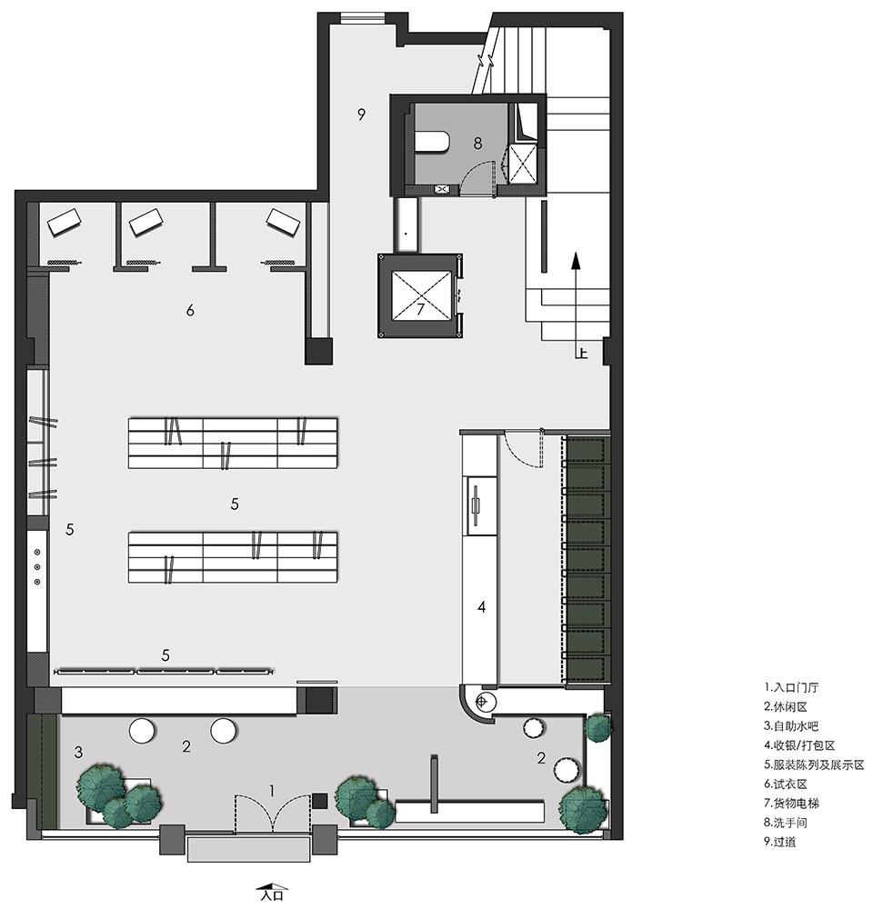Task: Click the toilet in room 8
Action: (x=433, y=143)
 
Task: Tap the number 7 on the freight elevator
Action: (x=420, y=308)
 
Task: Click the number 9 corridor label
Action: (x=361, y=115)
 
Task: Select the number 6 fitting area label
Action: (x=190, y=311)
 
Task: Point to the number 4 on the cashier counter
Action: (x=481, y=607)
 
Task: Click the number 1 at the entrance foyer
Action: (x=272, y=791)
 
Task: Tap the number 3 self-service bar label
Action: (x=78, y=753)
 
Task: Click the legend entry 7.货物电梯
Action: (x=792, y=804)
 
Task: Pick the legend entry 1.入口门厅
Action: (x=791, y=688)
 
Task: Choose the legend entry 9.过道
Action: (x=780, y=842)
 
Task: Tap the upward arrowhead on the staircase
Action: (x=576, y=261)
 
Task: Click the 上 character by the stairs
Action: (x=582, y=352)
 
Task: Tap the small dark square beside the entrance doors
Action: (x=319, y=801)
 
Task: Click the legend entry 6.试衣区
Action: (x=786, y=784)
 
